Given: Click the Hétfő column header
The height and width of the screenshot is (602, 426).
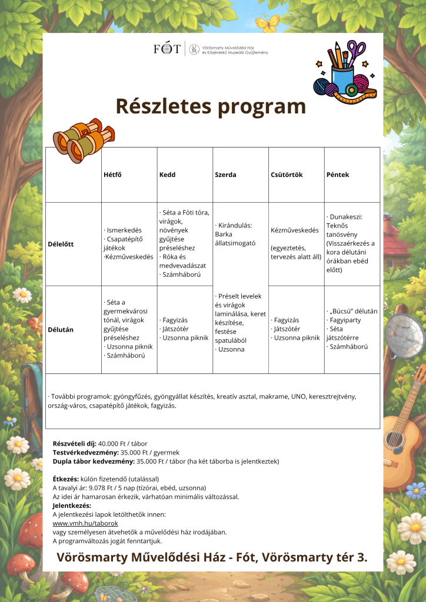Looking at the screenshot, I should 112,175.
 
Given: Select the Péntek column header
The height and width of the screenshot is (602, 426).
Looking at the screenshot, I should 337,175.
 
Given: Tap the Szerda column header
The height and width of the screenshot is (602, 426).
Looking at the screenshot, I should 225,175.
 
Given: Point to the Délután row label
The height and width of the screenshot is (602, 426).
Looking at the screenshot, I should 61,330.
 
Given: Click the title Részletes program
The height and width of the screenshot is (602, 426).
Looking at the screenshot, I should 211,106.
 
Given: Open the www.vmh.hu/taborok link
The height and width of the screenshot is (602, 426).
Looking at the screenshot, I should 85,523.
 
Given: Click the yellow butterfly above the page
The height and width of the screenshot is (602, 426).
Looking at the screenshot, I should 267,24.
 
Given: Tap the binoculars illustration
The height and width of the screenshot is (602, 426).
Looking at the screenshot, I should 82,140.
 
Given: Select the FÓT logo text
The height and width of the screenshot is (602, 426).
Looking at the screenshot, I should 167,49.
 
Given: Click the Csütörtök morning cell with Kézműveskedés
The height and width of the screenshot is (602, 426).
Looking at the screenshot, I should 296,243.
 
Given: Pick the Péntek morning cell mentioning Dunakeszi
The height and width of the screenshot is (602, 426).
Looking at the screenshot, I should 352,243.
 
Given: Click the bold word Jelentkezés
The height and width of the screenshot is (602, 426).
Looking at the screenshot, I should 72,505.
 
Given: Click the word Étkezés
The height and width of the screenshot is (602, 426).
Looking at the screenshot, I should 65,479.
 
